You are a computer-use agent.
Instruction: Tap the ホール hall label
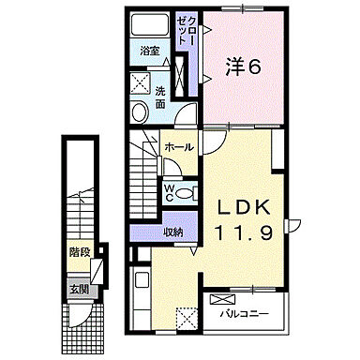pos(179,147)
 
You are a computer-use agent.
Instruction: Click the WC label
pos(170,192)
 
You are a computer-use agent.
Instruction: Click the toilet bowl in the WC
pos(187,194)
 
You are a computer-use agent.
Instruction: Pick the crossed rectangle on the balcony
pos(223,300)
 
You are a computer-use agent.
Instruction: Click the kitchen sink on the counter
pos(142,281)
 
